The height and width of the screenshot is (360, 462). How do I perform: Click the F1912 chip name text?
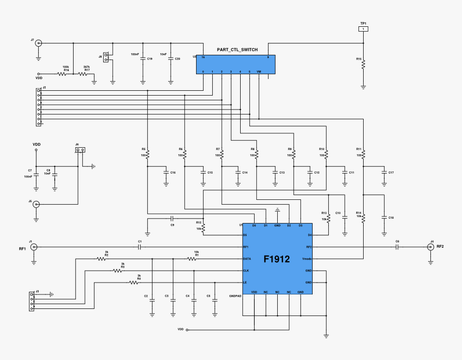point(277,259)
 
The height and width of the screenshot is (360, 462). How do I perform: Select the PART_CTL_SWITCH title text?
point(237,50)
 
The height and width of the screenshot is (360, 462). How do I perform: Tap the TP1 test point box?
point(364,28)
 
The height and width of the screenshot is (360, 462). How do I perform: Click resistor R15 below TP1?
point(364,64)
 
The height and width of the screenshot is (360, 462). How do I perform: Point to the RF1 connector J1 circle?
point(33,247)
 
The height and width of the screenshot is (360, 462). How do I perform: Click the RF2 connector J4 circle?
point(430,247)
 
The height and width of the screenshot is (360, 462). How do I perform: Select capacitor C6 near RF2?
point(398,247)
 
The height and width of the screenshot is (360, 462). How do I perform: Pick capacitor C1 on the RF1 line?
point(140,247)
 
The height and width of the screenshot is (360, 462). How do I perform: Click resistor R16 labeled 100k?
point(62,74)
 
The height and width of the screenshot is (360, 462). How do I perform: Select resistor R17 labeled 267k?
point(83,74)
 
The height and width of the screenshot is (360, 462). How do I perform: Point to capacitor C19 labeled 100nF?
point(142,59)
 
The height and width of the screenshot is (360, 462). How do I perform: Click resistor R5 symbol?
point(147,155)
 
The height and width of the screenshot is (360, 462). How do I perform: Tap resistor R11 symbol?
point(363,155)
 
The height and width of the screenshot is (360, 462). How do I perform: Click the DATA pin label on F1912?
point(248,259)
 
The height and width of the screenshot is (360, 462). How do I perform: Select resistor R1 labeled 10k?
point(192,259)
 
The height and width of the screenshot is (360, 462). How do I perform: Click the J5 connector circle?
point(36,204)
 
